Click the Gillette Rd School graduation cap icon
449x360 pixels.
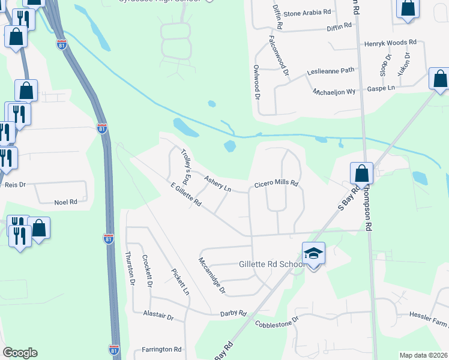tap(313, 253)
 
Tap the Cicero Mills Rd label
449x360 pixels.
tap(276, 185)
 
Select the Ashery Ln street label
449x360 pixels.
tap(217, 184)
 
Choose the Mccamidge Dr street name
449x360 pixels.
tap(212, 275)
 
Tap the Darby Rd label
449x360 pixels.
tap(234, 313)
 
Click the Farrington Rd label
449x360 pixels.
tap(161, 349)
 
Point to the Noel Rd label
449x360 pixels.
tap(66, 203)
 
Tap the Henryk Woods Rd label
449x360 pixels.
tap(390, 43)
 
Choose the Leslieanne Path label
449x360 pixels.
tap(331, 70)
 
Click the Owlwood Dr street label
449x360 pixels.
tap(256, 82)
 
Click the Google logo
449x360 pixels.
tap(20, 353)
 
